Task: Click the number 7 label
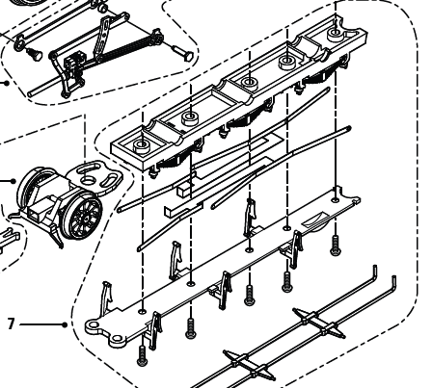tap(11, 324)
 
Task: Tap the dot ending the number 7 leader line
tap(65, 324)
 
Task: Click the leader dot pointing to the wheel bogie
tap(13, 180)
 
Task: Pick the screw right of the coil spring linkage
tap(180, 45)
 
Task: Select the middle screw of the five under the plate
tap(249, 293)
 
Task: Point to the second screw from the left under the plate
tap(191, 325)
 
